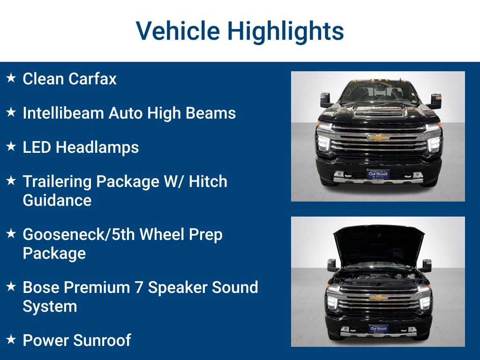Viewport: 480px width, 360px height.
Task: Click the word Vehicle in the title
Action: point(178,31)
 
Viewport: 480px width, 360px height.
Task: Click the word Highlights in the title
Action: point(285,31)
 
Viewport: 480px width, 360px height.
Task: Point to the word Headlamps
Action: point(97,147)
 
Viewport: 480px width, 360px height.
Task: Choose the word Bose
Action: point(41,287)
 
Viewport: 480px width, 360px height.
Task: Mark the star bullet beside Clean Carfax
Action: point(12,78)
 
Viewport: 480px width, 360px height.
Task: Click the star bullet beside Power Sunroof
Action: point(12,339)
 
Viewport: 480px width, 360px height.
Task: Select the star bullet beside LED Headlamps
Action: point(12,146)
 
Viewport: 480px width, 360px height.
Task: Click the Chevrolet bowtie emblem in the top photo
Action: point(378,137)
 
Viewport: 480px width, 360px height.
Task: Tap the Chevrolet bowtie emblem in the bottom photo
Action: point(378,298)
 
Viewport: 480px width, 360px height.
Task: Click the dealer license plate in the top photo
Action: point(378,174)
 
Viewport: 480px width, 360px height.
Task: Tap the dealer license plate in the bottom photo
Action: point(378,329)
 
